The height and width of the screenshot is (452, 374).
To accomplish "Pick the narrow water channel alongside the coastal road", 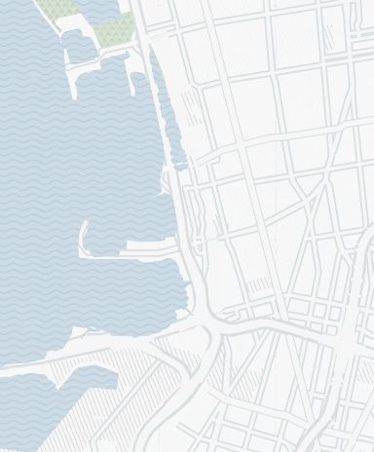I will tap(167, 117).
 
